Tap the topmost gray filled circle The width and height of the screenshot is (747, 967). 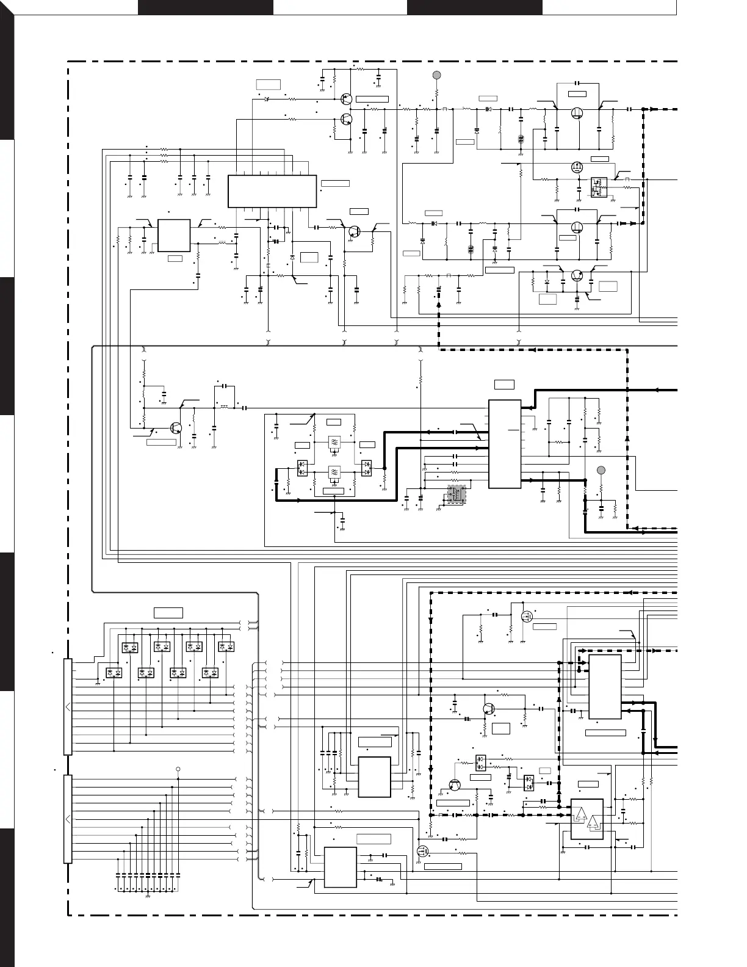point(436,75)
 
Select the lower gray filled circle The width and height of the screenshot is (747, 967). point(601,470)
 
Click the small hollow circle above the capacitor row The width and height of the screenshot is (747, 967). point(178,769)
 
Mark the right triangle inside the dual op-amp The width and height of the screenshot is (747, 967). point(592,825)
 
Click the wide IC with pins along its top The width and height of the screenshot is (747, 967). point(272,191)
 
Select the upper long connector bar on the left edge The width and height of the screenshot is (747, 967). point(68,707)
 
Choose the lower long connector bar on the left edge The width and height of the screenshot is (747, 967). point(68,819)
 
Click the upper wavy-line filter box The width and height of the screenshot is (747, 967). point(334,442)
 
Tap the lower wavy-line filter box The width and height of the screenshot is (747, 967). point(334,472)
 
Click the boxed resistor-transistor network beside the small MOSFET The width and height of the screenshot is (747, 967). point(597,187)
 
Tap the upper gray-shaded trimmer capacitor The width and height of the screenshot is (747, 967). point(521,138)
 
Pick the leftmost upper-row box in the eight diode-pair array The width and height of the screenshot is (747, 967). point(130,646)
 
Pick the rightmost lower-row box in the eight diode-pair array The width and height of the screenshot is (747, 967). point(211,672)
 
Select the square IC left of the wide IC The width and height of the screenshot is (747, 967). point(174,235)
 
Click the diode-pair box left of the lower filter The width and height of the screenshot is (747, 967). point(303,468)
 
